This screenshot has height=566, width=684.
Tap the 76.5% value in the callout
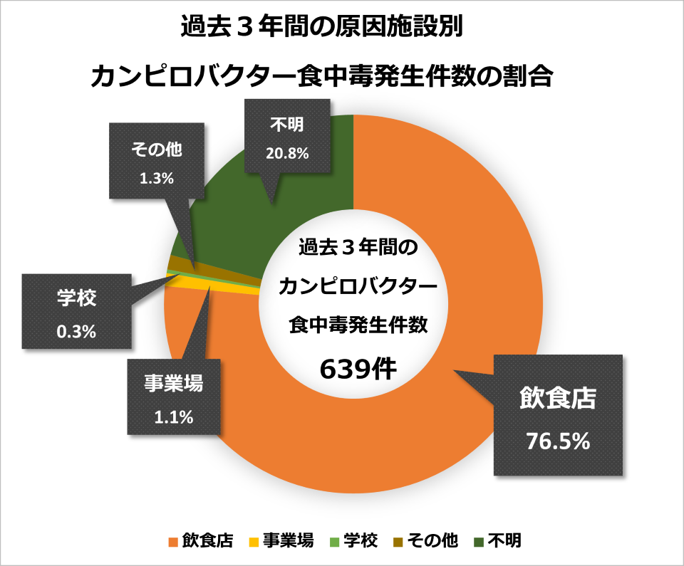[558, 441]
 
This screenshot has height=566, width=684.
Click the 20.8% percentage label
[289, 152]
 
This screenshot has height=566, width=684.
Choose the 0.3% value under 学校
[76, 331]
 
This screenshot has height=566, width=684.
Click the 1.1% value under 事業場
[174, 418]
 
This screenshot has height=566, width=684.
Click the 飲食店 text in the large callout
[556, 398]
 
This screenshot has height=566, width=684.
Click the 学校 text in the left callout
[76, 298]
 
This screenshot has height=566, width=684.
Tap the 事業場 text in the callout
[174, 384]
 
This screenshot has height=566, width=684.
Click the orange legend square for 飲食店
[172, 542]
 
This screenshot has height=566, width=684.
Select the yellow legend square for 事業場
[252, 542]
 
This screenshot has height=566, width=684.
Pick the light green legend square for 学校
[333, 542]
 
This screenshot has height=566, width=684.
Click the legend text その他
[432, 541]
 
